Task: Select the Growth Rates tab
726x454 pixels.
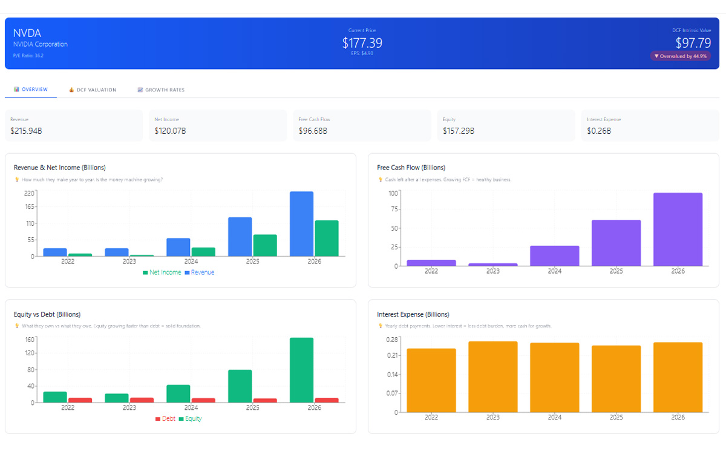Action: click(161, 90)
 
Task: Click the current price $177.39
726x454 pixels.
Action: click(362, 43)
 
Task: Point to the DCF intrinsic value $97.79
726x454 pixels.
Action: click(693, 43)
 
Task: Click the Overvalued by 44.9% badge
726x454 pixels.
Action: click(681, 56)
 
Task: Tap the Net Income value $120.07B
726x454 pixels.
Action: click(170, 130)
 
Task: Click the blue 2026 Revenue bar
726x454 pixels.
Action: click(301, 224)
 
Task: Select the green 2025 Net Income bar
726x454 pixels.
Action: click(265, 245)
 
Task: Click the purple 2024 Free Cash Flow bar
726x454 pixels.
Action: click(554, 255)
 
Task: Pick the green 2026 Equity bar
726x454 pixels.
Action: click(301, 369)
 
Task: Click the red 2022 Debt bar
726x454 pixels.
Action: click(80, 400)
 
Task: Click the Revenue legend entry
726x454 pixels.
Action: click(199, 272)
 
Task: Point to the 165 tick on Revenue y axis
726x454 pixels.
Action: click(29, 207)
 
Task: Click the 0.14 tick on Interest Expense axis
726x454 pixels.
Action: click(393, 374)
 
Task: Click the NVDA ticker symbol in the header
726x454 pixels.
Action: click(27, 33)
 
